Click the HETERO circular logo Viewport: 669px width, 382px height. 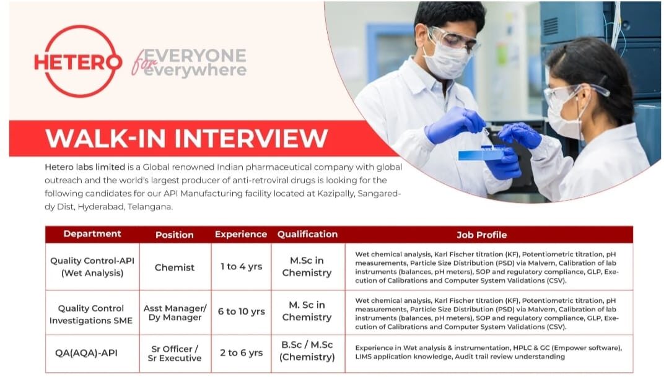point(78,61)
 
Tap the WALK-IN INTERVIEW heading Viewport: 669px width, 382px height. point(186,138)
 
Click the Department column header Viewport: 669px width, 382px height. point(92,234)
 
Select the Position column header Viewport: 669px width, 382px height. point(175,235)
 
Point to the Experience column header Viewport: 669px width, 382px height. point(241,234)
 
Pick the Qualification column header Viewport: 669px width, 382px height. point(307,234)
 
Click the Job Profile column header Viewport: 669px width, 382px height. point(481,235)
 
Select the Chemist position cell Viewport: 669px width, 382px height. point(175,267)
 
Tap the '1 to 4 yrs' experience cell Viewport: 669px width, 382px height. point(241,267)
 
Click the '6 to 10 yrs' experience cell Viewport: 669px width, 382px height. point(241,312)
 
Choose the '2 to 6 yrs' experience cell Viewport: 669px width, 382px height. point(241,353)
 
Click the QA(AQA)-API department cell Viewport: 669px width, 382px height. point(92,353)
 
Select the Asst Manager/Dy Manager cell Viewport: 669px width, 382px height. point(175,313)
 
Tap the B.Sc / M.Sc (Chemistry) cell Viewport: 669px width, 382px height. point(307,351)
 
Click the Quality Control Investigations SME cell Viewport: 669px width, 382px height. point(91,314)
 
